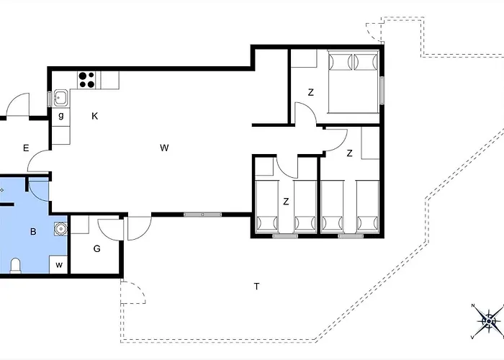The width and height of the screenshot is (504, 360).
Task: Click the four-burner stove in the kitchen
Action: (x=87, y=80)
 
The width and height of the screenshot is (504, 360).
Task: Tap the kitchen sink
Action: (x=60, y=98)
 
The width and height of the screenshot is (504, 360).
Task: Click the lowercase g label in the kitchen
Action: (x=61, y=116)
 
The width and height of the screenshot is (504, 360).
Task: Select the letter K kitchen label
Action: (x=94, y=116)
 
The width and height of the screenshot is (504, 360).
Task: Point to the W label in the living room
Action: (x=164, y=148)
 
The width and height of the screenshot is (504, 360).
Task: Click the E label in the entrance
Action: (x=26, y=148)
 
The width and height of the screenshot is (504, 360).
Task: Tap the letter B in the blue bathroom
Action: (x=33, y=232)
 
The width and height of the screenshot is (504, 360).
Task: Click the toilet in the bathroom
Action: (x=15, y=266)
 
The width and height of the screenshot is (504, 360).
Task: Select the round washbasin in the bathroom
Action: (x=60, y=229)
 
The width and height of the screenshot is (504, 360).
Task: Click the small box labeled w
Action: (x=58, y=264)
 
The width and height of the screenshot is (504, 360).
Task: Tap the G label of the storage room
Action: (x=96, y=249)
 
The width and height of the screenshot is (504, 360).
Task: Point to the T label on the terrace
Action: (x=256, y=286)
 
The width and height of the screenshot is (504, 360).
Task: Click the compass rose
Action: (x=489, y=321)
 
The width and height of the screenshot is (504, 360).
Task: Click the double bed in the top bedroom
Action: (x=354, y=81)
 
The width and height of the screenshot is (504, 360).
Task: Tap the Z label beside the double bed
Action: (x=310, y=93)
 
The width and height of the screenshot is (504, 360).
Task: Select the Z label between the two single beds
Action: (x=286, y=202)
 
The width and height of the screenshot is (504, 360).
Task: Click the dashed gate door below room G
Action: (x=132, y=292)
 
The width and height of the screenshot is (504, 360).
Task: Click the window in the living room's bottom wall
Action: (x=202, y=215)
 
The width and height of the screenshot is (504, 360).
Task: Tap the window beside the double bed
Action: (x=382, y=90)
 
